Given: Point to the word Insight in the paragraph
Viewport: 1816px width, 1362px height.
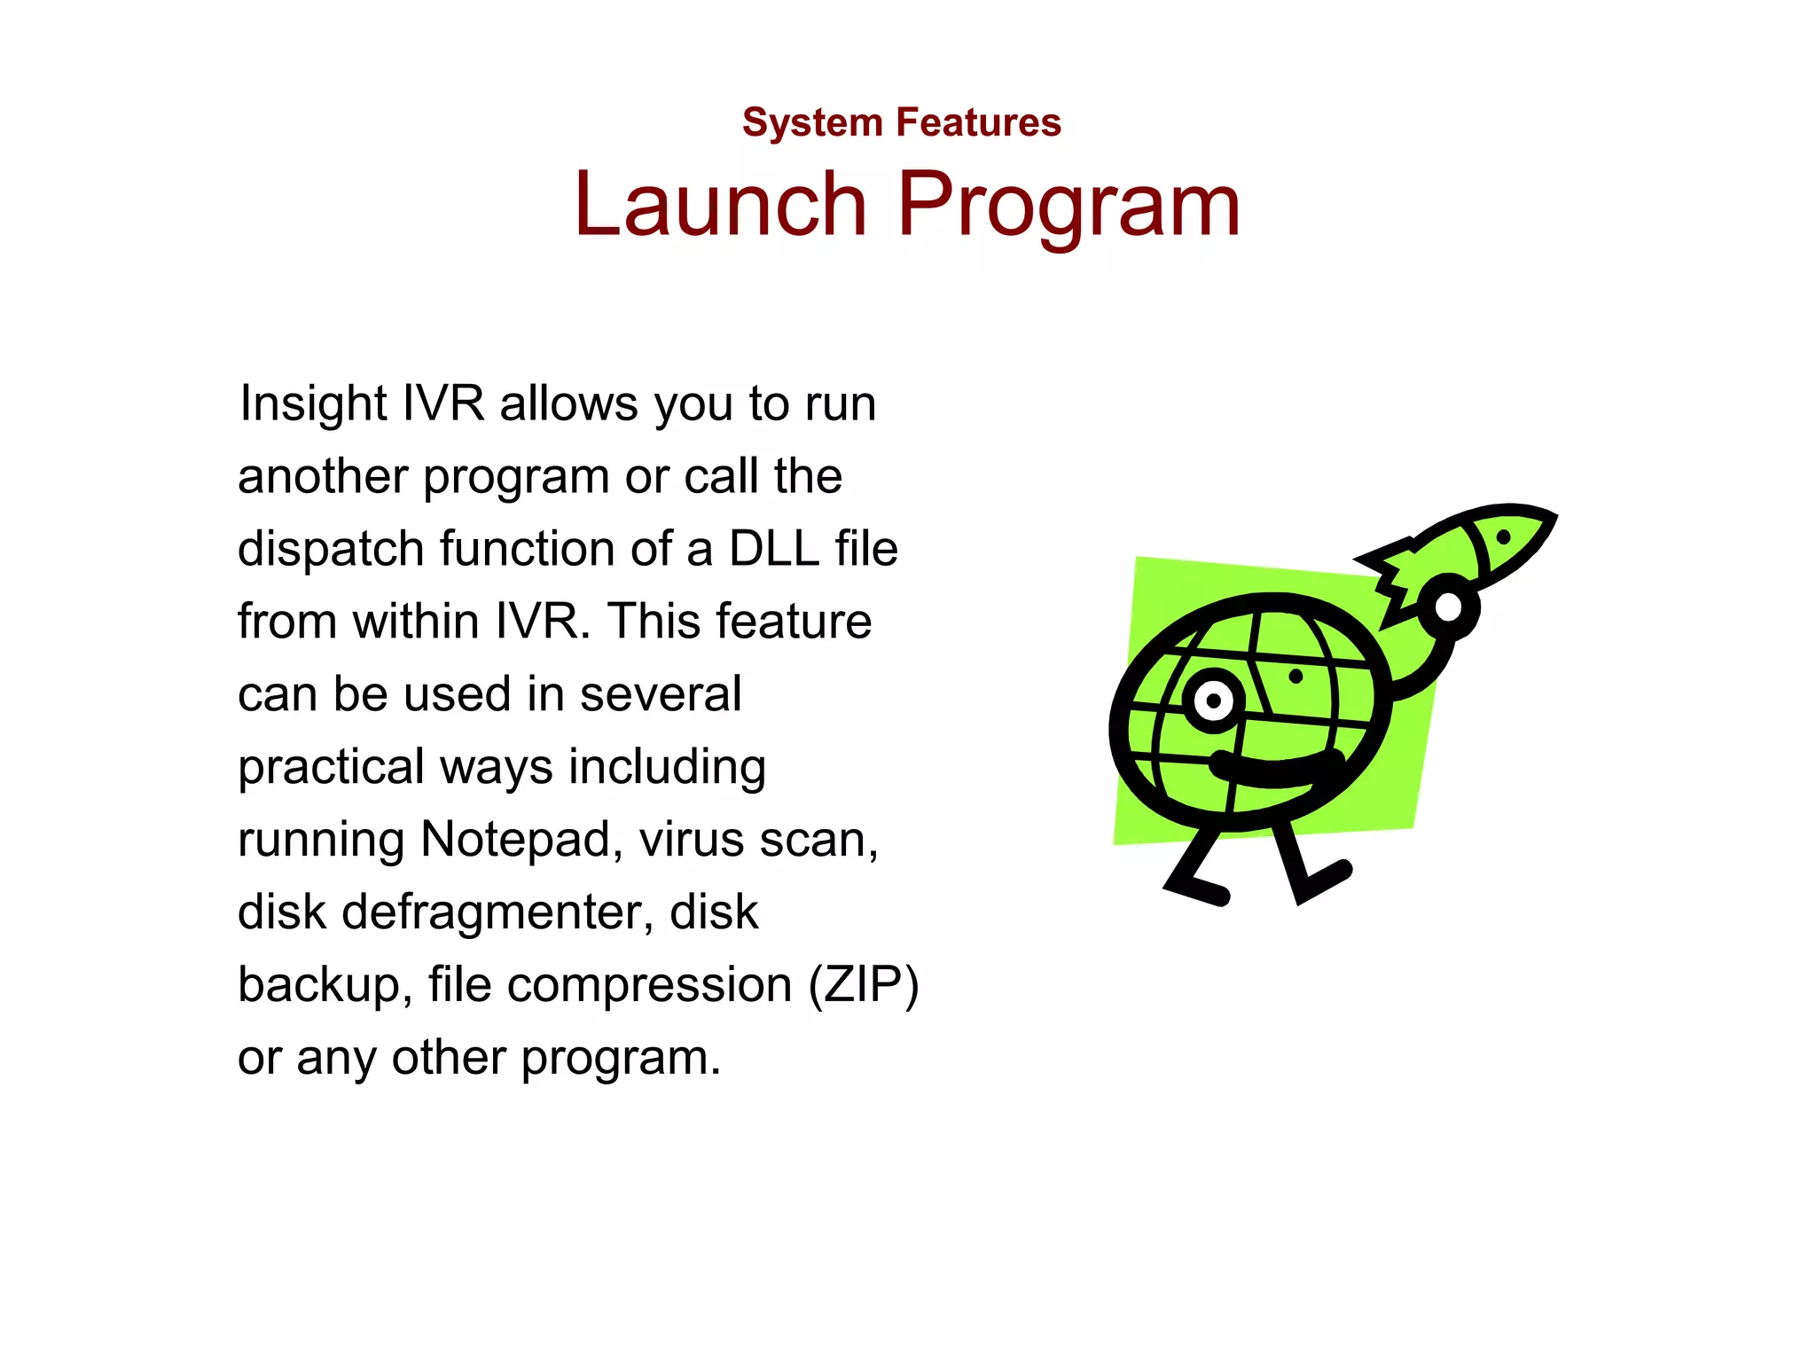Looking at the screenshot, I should (313, 404).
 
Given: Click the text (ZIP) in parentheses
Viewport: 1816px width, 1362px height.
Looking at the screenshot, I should (863, 985).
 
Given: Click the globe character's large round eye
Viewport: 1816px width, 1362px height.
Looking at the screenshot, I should (1213, 701).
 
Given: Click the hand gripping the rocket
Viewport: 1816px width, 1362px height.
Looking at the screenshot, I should (1447, 608).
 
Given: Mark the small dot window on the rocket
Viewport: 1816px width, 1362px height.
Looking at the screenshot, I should (1503, 536).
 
